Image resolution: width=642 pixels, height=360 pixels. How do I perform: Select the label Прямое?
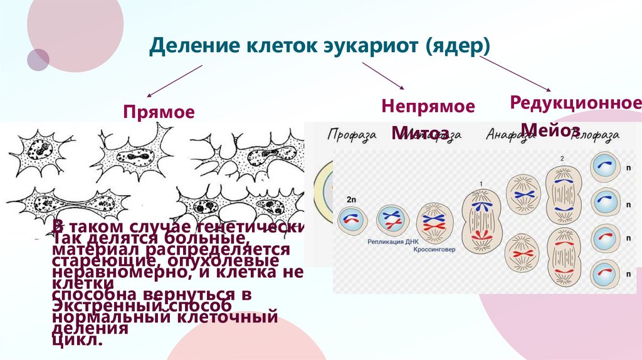click(158, 112)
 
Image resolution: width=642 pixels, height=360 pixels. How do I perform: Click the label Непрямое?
click(428, 106)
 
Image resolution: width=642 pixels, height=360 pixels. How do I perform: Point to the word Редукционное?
click(575, 102)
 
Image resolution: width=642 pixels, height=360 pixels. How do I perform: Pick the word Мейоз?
click(550, 130)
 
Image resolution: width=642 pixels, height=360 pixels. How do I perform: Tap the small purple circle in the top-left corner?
click(38, 60)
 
